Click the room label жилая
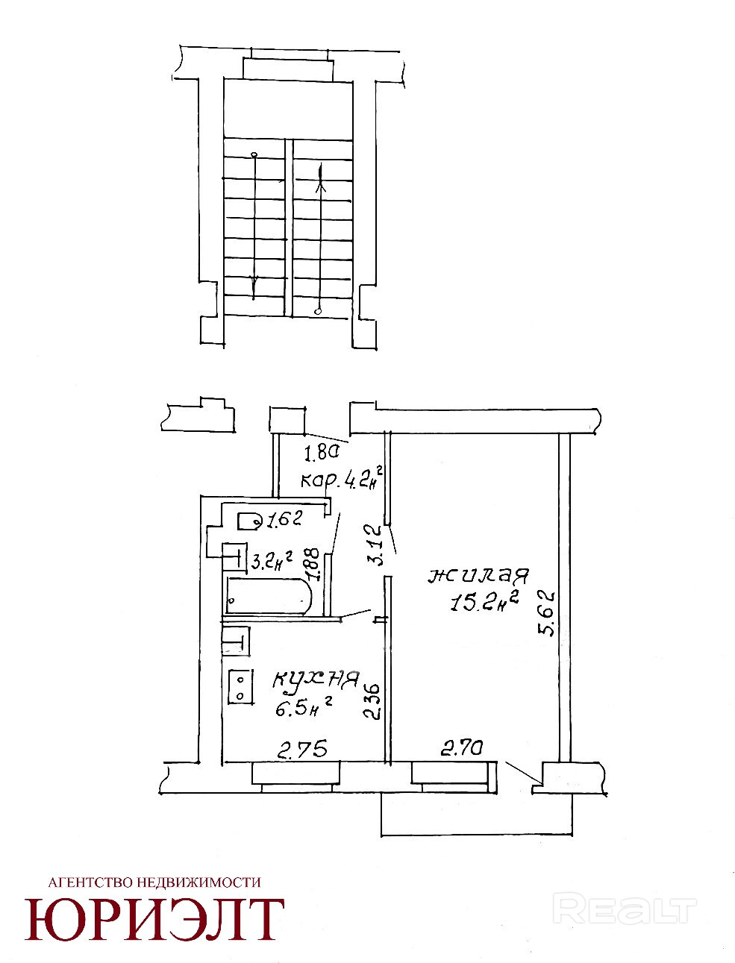(478, 577)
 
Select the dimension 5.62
(547, 613)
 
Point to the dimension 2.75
(301, 749)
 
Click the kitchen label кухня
(316, 680)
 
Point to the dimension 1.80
(322, 451)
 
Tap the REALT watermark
(627, 909)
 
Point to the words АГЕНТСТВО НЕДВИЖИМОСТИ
(154, 882)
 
